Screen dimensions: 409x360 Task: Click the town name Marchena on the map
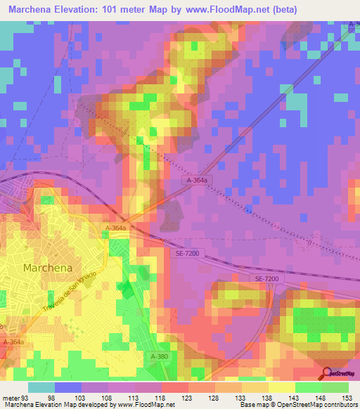point(46,268)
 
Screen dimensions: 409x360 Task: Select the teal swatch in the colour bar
point(41,387)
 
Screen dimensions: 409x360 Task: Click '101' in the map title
point(109,10)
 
